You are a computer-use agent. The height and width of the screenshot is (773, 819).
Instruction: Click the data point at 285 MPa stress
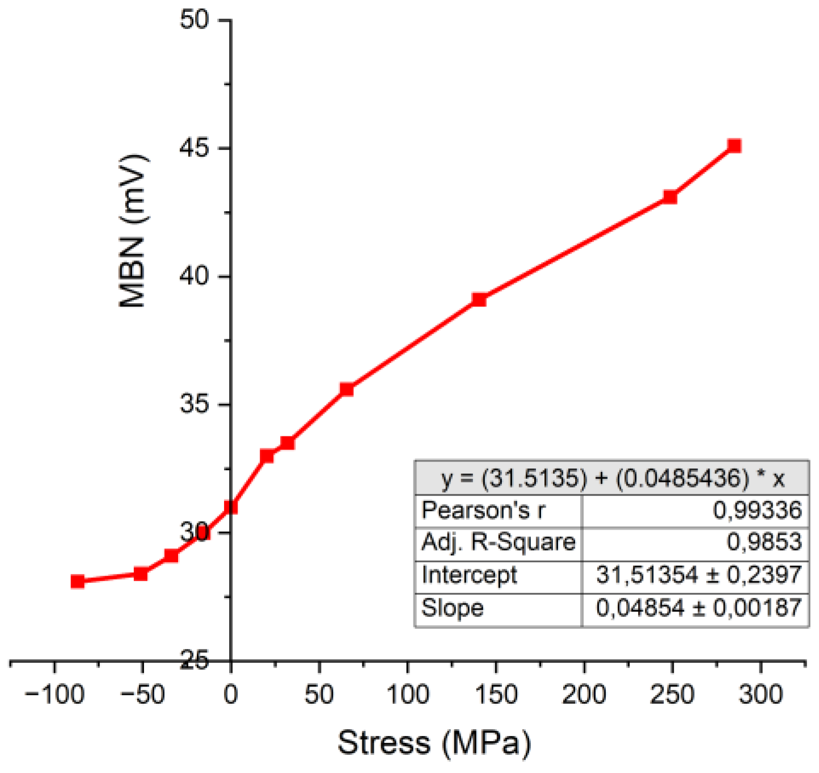coord(734,146)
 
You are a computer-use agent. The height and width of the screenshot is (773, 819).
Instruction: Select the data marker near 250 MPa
coord(670,197)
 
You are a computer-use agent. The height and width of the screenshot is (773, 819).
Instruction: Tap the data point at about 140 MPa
coord(479,299)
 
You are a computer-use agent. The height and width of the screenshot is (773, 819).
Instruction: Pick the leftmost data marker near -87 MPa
coord(78,581)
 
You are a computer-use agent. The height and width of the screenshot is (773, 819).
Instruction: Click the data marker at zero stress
coord(231,507)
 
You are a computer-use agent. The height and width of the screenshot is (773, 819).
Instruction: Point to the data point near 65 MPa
coord(347,389)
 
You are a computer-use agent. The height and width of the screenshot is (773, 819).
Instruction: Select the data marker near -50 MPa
coord(141,574)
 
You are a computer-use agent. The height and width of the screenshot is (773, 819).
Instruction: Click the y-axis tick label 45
coord(195,148)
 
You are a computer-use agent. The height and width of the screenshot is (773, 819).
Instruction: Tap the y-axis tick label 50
coord(195,20)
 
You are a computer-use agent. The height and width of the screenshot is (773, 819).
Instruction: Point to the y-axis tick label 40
coord(195,276)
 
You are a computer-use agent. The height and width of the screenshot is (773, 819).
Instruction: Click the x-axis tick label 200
coord(584,694)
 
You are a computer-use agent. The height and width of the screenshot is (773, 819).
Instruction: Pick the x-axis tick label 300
coord(760,694)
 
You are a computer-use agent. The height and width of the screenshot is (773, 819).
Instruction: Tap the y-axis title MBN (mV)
coord(134,230)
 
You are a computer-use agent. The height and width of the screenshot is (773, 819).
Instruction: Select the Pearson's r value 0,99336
coord(757,510)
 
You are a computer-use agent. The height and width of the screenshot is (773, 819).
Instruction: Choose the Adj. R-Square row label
coord(498,542)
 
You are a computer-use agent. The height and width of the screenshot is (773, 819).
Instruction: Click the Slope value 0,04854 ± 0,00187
coord(698,608)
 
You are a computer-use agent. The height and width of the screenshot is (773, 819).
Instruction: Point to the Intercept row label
coord(469,575)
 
